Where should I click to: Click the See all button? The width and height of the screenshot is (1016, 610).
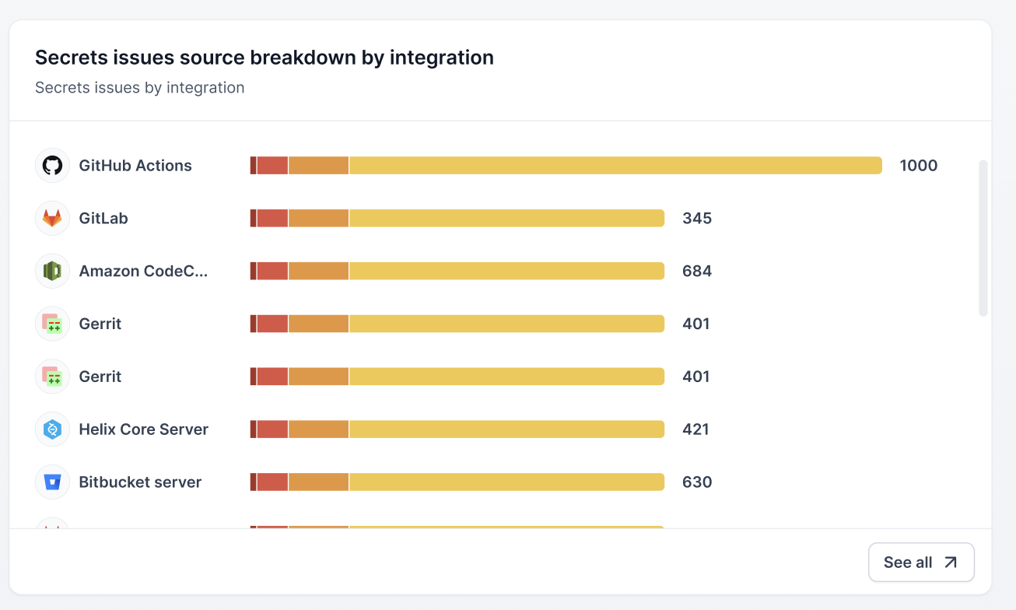tap(921, 563)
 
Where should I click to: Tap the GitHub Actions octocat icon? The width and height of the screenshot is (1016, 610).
tap(52, 166)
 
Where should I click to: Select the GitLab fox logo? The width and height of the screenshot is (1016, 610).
tap(52, 219)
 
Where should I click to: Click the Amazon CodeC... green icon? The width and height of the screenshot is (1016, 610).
tap(52, 272)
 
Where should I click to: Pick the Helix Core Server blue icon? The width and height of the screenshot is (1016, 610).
tap(52, 429)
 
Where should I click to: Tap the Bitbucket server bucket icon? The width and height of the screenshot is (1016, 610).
tap(52, 482)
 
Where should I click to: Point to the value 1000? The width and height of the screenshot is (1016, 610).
tap(918, 166)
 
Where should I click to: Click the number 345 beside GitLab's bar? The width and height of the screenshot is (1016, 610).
tap(696, 219)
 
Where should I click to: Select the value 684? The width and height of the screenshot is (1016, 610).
tap(696, 272)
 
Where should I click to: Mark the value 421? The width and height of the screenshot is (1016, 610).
tap(695, 429)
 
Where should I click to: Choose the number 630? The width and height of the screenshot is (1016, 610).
tap(696, 482)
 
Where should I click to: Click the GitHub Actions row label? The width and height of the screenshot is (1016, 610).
tap(135, 166)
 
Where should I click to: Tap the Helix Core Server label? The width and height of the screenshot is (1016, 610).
tap(143, 429)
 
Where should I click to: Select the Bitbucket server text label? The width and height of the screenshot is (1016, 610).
tap(140, 482)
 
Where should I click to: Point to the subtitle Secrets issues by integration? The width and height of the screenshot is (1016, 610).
tap(140, 88)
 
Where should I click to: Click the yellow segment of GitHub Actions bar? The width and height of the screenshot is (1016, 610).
tap(615, 166)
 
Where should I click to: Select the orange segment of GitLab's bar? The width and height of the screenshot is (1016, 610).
tap(318, 219)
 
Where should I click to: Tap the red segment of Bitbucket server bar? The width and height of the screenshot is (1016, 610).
tap(272, 482)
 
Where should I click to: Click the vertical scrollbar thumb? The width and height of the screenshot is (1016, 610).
tap(983, 237)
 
